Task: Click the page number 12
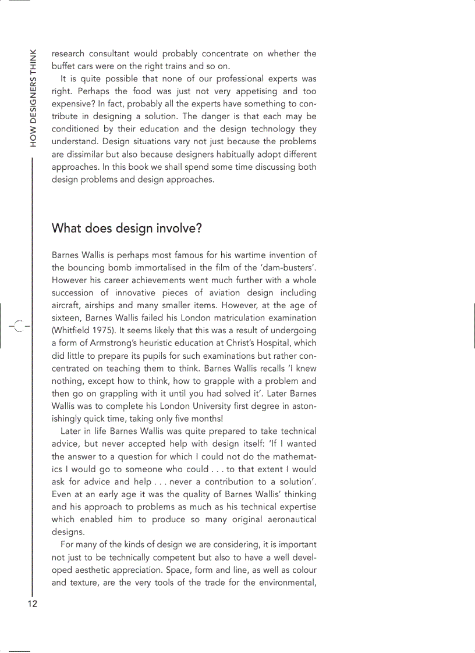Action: click(32, 604)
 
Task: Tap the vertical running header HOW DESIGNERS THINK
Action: click(33, 97)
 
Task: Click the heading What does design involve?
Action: click(126, 229)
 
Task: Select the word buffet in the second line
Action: click(64, 66)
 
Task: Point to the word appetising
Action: click(259, 91)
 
